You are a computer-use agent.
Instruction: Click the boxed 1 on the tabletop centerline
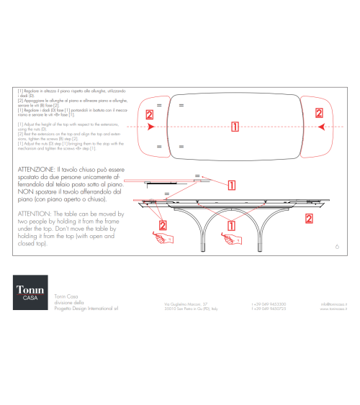pyautogui.click(x=235, y=127)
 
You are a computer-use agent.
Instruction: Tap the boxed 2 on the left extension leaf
pyautogui.click(x=149, y=115)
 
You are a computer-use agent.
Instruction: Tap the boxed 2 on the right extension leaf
pyautogui.click(x=318, y=113)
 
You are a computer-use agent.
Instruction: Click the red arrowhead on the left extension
pyautogui.click(x=150, y=127)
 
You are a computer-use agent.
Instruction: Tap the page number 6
pyautogui.click(x=338, y=246)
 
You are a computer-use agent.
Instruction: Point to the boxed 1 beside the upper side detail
pyautogui.click(x=232, y=184)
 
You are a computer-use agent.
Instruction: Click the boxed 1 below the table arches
pyautogui.click(x=231, y=225)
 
